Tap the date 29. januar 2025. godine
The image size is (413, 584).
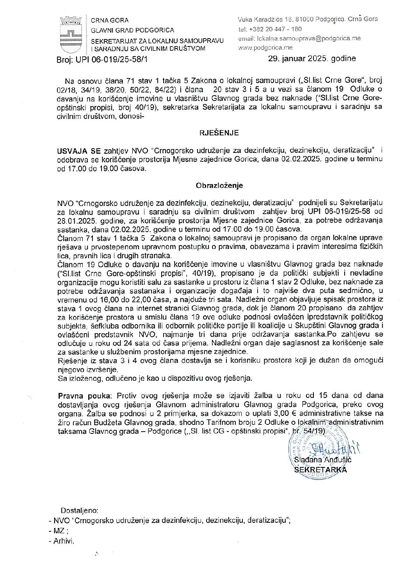pyautogui.click(x=312, y=59)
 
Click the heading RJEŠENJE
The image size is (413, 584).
pyautogui.click(x=219, y=133)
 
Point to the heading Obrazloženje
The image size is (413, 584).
pyautogui.click(x=219, y=186)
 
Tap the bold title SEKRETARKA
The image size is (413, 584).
pyautogui.click(x=320, y=470)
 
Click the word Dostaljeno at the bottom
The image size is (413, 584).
pyautogui.click(x=80, y=510)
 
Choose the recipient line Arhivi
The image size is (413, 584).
pyautogui.click(x=63, y=541)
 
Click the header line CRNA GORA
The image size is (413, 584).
pyautogui.click(x=110, y=20)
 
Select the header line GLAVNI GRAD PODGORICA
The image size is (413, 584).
pyautogui.click(x=132, y=30)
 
